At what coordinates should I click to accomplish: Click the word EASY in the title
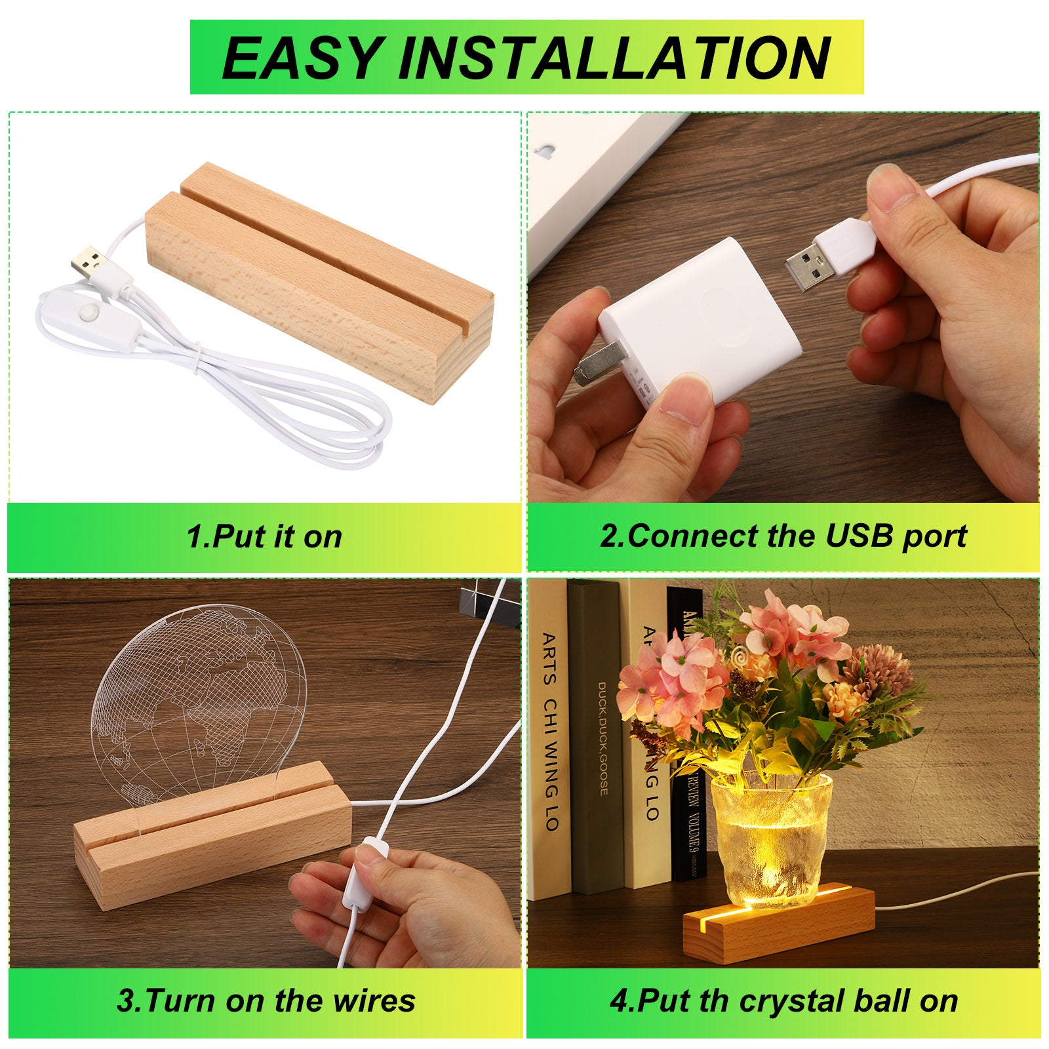point(302,58)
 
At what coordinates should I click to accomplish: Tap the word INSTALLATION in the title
point(614,58)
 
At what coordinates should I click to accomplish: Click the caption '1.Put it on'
point(264,536)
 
